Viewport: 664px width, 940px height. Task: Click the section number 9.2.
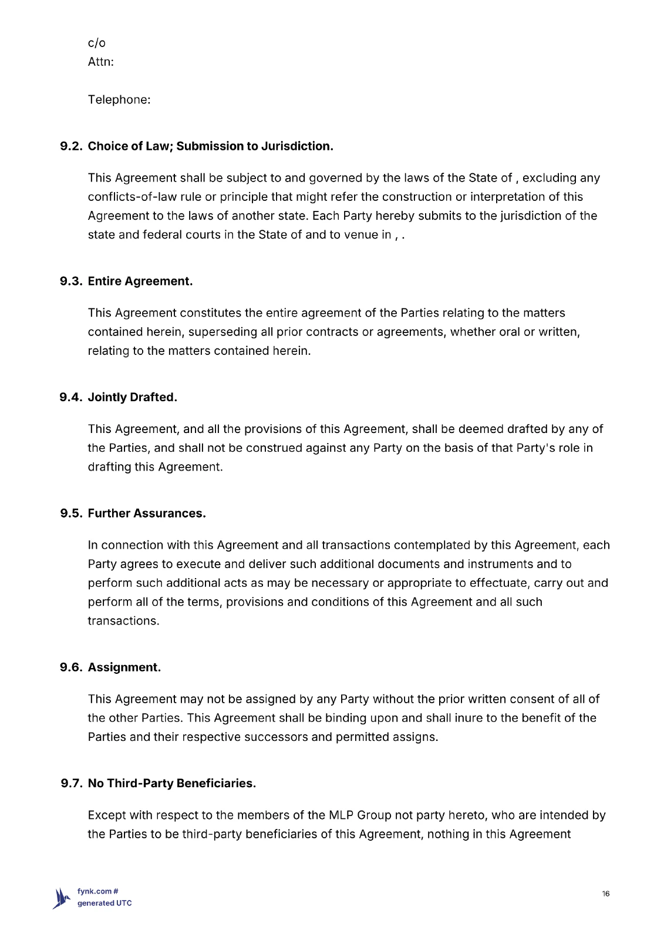point(72,146)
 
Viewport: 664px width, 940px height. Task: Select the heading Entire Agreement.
point(140,281)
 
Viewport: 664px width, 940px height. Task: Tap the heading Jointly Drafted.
point(132,397)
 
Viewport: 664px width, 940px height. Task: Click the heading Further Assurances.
point(147,513)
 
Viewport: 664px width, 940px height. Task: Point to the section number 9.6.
point(72,667)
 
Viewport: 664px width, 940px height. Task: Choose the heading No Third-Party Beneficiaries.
point(171,783)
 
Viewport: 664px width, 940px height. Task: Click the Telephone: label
point(119,100)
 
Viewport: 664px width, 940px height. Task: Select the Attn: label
point(100,62)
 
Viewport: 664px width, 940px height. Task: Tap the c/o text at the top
point(96,43)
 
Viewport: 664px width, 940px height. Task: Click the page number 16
point(605,894)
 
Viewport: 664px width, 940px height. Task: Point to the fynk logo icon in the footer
point(61,898)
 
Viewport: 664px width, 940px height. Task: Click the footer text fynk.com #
point(98,891)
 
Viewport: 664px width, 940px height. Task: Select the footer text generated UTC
point(105,903)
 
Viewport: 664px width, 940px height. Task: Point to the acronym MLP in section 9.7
point(341,815)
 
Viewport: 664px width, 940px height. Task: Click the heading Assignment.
point(124,667)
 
